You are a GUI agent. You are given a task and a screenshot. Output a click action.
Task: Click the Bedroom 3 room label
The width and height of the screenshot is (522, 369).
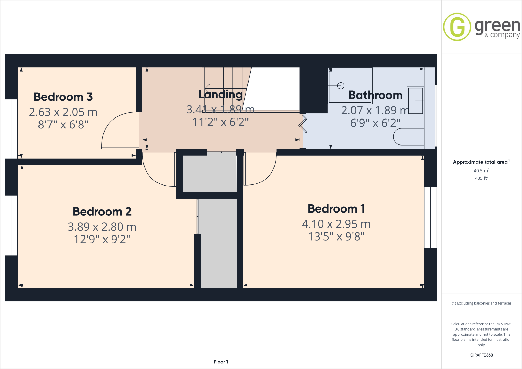[63, 97]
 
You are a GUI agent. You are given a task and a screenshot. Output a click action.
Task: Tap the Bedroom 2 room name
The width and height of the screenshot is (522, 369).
[102, 212]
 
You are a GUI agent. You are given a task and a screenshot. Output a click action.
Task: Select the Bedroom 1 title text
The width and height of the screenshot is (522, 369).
[336, 209]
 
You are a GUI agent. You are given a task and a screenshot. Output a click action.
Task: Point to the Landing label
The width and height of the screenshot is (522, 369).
[220, 94]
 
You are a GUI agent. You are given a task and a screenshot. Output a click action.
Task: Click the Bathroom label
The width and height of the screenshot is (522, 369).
[375, 95]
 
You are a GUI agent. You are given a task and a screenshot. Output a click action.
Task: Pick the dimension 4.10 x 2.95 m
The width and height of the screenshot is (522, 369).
[336, 224]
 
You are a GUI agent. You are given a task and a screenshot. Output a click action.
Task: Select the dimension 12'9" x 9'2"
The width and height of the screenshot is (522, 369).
[102, 239]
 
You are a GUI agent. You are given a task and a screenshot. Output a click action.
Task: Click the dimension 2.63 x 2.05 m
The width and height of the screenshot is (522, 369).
[63, 112]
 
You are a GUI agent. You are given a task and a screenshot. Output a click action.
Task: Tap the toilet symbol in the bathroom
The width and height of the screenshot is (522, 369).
[408, 137]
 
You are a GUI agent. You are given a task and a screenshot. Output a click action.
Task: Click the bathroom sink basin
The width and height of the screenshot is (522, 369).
[415, 101]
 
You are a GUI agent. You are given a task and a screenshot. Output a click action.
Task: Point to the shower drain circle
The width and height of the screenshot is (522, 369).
[341, 86]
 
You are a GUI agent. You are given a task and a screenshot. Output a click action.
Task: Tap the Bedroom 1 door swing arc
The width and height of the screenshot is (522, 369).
[268, 176]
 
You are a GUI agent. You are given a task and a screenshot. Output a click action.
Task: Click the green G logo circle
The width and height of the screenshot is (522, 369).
[457, 27]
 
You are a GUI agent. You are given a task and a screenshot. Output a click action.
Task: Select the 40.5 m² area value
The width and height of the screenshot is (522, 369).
[481, 171]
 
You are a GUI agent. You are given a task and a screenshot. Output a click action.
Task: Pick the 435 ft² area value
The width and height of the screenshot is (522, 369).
[481, 178]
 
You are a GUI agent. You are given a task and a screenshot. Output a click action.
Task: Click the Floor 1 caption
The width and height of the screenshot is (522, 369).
[221, 362]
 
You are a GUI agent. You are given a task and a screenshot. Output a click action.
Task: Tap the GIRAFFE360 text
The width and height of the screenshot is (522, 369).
[481, 355]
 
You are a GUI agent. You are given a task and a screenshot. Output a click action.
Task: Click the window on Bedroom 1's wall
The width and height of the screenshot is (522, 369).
[430, 217]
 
